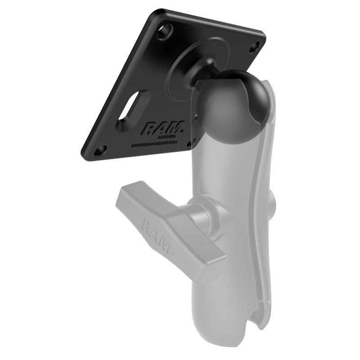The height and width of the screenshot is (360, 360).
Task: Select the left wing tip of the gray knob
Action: (124, 198)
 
